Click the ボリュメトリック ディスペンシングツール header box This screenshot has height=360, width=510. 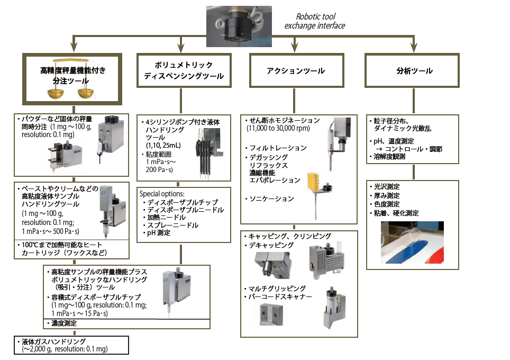click(x=184, y=70)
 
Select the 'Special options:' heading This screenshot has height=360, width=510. click(x=162, y=194)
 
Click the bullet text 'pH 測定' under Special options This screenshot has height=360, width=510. click(x=159, y=232)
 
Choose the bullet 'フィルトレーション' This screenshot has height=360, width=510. click(x=278, y=148)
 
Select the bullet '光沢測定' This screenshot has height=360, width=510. click(x=388, y=186)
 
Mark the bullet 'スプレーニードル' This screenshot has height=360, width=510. click(x=173, y=225)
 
